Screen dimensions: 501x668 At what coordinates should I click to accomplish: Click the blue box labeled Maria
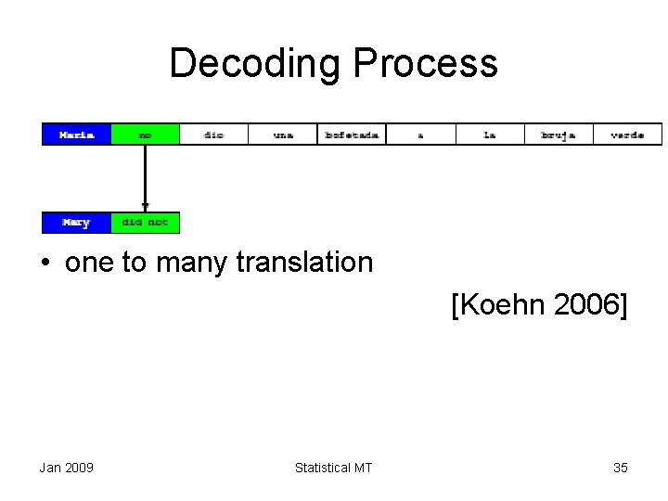point(76,135)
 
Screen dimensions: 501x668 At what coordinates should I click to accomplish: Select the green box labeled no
point(145,135)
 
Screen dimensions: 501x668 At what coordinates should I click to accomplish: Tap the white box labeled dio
point(213,135)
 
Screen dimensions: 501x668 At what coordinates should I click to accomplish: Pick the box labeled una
point(283,135)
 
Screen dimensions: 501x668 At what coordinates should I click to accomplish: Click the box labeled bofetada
point(352,135)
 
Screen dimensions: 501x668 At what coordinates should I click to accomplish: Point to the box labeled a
point(420,135)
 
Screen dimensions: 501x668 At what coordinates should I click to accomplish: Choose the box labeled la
point(490,135)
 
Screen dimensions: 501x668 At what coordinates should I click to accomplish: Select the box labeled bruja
point(559,135)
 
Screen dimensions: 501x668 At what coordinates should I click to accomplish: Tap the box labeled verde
point(628,135)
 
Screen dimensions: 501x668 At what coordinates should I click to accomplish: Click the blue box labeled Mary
point(76,223)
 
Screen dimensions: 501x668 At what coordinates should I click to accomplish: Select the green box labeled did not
point(145,223)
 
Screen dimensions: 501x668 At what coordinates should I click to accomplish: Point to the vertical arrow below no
point(145,176)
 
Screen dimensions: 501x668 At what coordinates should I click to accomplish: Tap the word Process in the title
point(426,64)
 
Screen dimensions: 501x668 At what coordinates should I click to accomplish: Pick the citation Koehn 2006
point(539,303)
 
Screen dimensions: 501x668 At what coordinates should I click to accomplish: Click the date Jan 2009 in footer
point(66,468)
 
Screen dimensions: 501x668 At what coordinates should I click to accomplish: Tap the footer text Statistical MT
point(333,468)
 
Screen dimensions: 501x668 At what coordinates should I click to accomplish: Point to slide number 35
point(621,468)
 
